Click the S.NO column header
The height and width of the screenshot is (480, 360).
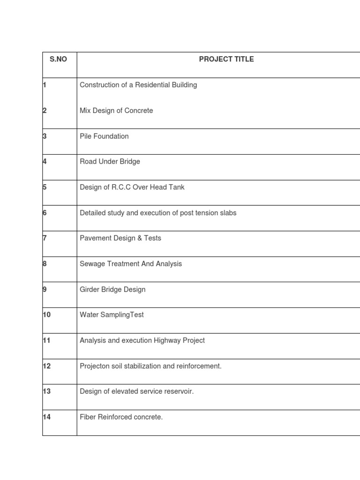pos(58,60)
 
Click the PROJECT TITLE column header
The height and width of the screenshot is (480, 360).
pos(226,60)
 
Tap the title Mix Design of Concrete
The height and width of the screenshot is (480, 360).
pos(116,111)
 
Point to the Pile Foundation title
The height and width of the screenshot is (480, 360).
pos(104,136)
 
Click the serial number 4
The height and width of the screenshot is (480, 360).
pos(45,162)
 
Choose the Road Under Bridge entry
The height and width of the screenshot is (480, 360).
pos(110,162)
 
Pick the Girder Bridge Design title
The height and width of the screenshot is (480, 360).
pos(112,290)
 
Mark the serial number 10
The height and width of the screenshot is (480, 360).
pos(47,315)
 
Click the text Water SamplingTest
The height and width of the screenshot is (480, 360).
pos(112,315)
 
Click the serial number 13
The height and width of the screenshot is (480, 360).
pos(47,391)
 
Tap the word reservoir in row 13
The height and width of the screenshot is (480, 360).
pos(179,391)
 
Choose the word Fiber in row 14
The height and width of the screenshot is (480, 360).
pos(88,417)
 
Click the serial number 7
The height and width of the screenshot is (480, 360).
pos(45,238)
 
